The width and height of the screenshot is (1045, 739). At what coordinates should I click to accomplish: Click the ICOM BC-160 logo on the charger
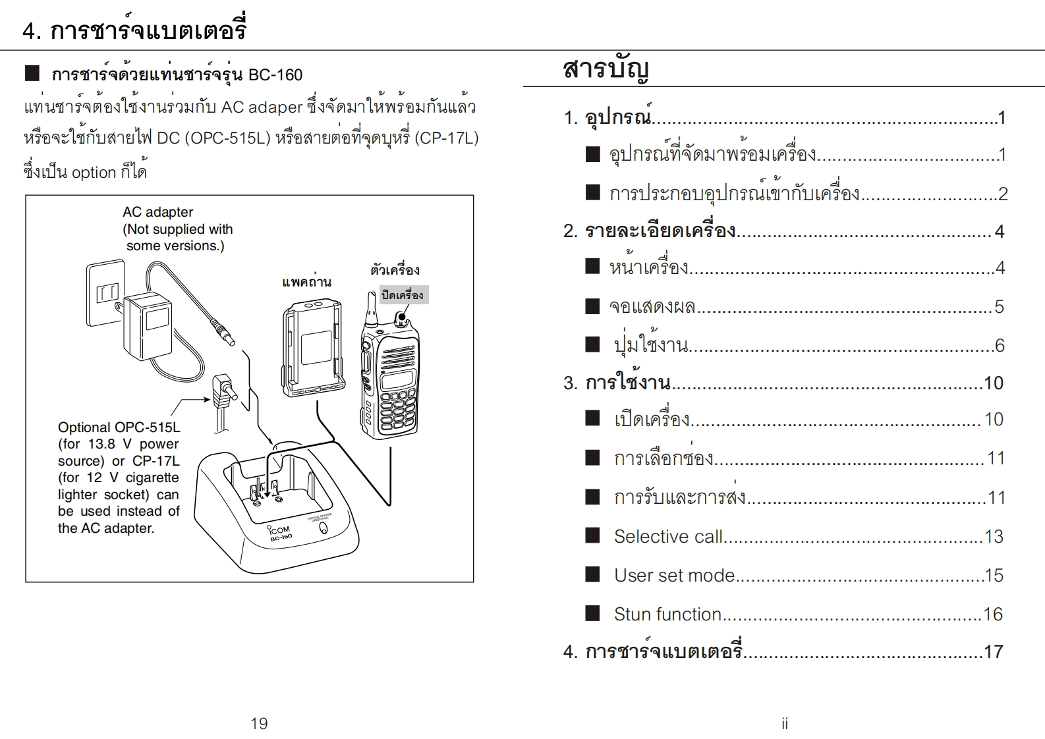click(x=279, y=532)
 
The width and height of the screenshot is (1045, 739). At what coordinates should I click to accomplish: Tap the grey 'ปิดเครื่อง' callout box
click(x=403, y=294)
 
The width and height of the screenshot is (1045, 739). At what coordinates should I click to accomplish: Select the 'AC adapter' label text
click(x=157, y=212)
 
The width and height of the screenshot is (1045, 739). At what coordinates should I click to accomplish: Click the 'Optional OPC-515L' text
click(x=119, y=427)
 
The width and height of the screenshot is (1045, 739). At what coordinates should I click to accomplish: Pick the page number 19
click(x=259, y=724)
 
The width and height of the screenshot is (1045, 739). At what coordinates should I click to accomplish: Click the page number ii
click(x=784, y=724)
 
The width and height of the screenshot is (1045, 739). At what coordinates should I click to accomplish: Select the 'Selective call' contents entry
click(x=668, y=537)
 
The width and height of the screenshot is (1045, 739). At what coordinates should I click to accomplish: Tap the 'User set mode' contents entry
click(x=674, y=576)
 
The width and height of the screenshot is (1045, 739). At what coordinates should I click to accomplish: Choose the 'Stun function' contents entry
click(x=667, y=615)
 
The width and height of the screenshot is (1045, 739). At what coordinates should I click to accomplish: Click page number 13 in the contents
click(x=994, y=537)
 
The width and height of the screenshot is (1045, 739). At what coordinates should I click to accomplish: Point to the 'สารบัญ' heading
click(x=606, y=68)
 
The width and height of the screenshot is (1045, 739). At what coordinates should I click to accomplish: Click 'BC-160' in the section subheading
click(x=275, y=75)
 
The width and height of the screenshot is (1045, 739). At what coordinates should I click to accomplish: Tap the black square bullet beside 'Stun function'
click(x=593, y=614)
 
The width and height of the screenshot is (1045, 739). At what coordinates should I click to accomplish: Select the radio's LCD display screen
click(x=397, y=379)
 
